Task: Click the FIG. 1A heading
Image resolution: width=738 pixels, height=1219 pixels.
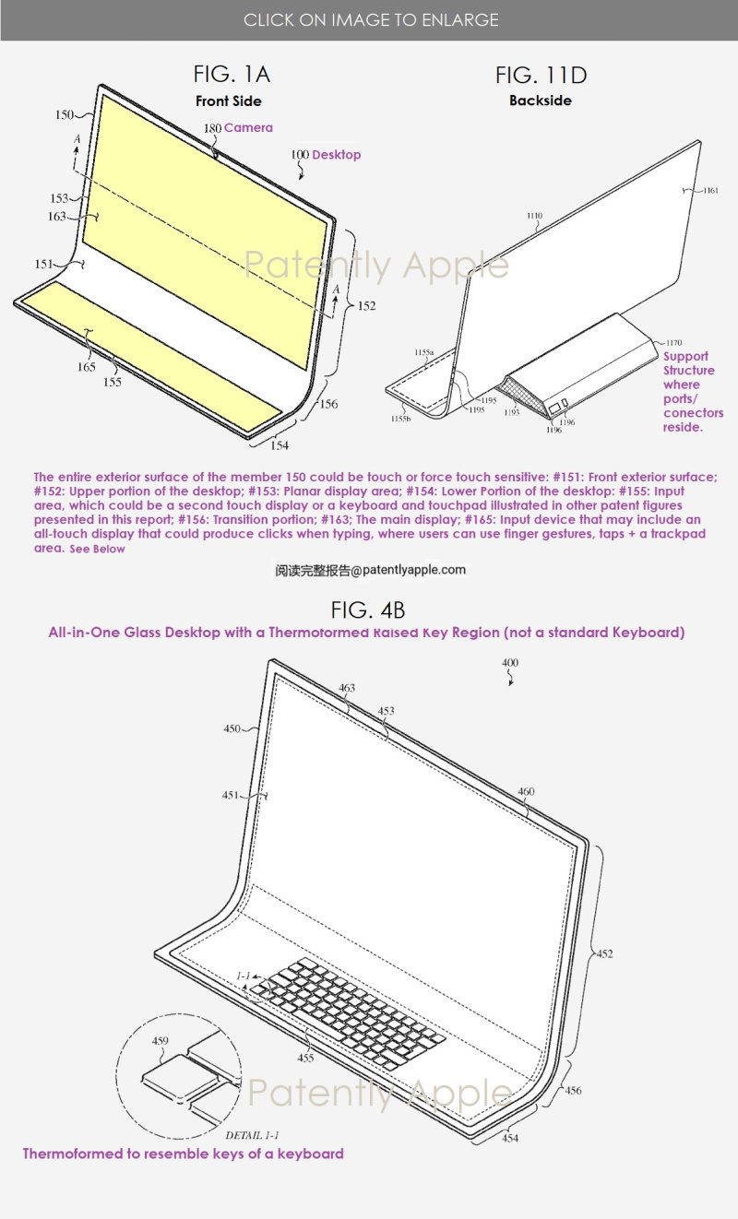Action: click(232, 75)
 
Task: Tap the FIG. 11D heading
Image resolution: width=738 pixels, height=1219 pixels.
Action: click(541, 75)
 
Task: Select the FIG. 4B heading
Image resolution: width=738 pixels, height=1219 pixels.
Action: click(368, 610)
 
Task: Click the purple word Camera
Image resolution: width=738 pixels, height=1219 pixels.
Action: click(248, 128)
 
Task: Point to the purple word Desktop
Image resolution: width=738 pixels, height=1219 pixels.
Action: click(337, 155)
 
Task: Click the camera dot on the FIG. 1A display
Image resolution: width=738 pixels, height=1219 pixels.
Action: click(216, 155)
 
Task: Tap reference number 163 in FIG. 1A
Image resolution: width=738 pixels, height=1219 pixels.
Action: click(56, 217)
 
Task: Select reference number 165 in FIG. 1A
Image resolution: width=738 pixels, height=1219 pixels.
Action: click(86, 367)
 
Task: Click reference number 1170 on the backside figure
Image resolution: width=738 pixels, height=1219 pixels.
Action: click(673, 342)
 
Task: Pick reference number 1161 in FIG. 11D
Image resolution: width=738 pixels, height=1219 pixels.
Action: click(710, 191)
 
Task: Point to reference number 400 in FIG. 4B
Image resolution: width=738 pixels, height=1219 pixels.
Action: click(510, 662)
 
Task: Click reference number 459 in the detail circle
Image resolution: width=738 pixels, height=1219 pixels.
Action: click(160, 1040)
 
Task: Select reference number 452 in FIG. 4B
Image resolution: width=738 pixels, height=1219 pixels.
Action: click(604, 953)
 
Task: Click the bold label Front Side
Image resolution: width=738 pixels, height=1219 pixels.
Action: click(229, 101)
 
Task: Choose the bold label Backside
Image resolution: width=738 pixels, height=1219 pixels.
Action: click(541, 101)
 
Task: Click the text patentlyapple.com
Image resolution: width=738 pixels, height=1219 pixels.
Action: click(413, 570)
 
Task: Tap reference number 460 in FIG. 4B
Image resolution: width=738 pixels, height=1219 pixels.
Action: click(526, 791)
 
